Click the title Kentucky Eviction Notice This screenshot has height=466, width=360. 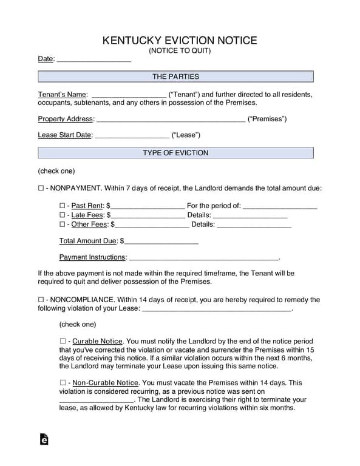click(x=180, y=41)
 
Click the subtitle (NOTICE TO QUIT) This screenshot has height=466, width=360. click(x=180, y=51)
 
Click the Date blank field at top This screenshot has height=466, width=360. click(x=93, y=59)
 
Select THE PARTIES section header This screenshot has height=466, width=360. click(x=175, y=76)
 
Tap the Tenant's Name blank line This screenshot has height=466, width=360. click(x=128, y=95)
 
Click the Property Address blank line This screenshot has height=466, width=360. click(x=171, y=119)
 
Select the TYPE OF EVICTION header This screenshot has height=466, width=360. click(x=175, y=153)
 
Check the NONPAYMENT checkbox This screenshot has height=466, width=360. click(x=41, y=189)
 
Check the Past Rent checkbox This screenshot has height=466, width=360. click(x=63, y=206)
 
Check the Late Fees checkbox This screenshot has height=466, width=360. click(x=63, y=215)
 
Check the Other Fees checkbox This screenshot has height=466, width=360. click(x=63, y=225)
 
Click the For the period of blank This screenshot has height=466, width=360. click(x=280, y=206)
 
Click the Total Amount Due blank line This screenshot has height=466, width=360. click(x=161, y=241)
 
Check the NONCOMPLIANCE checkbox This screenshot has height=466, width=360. click(x=41, y=300)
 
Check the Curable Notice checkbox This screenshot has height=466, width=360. click(x=63, y=342)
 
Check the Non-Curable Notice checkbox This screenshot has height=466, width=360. click(x=63, y=383)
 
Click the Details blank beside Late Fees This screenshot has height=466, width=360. click(x=250, y=215)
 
